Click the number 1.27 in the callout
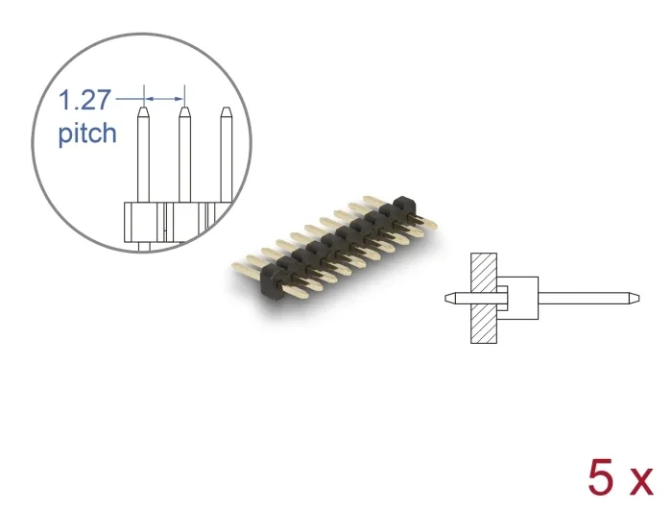click(84, 100)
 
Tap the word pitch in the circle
click(87, 133)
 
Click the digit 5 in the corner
click(602, 477)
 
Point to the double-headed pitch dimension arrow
click(164, 99)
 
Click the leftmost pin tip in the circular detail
click(144, 110)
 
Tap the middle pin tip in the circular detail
click(184, 110)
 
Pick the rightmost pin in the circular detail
click(226, 155)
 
